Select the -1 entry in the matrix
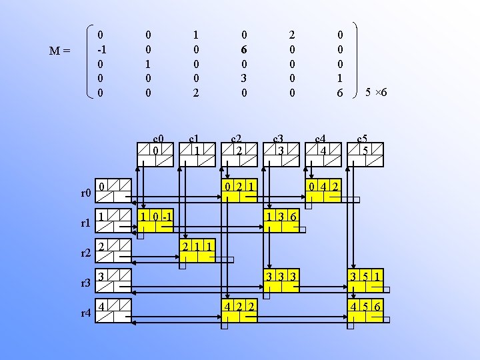tap(101, 49)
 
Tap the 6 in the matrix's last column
tap(340, 93)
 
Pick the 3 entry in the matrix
tap(245, 79)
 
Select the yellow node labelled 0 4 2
tap(323, 190)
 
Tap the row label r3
tap(85, 284)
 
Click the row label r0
tap(85, 194)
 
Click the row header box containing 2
tap(113, 252)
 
